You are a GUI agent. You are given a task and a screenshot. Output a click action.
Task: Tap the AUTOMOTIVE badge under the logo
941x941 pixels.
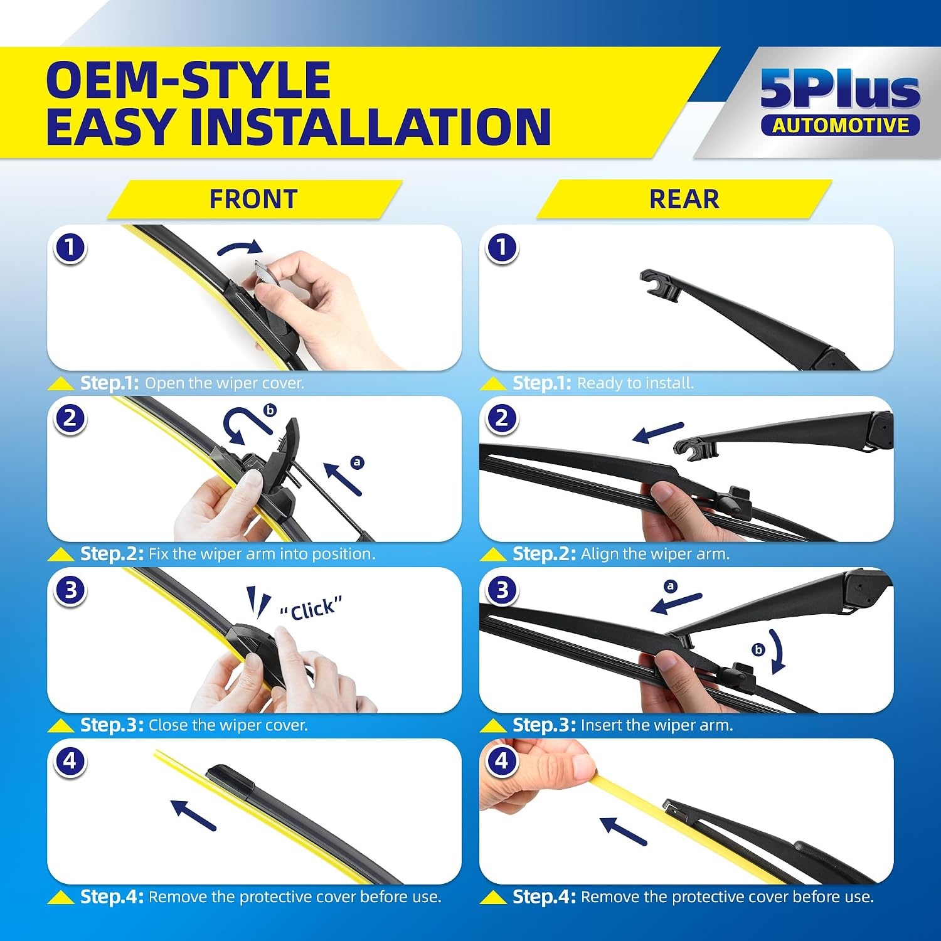tap(840, 125)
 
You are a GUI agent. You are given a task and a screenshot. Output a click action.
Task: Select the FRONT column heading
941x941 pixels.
tap(253, 199)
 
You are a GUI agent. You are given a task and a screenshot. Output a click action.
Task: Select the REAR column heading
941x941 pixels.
tap(684, 199)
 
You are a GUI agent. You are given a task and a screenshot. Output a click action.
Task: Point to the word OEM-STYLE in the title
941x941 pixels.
tap(188, 80)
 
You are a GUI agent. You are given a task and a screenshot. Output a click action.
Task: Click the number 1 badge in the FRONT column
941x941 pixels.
tap(70, 247)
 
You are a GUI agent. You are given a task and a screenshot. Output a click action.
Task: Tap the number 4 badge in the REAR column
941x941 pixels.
tap(502, 761)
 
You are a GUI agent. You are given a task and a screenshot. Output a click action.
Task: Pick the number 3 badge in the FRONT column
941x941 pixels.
tap(70, 590)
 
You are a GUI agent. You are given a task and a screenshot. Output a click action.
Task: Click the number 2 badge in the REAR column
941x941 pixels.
tap(502, 418)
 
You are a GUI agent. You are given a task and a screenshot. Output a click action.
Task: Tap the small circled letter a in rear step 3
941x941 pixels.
tap(671, 586)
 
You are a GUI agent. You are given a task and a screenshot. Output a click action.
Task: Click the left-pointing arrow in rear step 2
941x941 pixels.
tap(657, 432)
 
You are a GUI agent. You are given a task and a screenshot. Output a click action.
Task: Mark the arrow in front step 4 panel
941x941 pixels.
tap(193, 815)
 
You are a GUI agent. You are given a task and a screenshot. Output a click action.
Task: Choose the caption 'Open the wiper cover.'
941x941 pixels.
tap(225, 383)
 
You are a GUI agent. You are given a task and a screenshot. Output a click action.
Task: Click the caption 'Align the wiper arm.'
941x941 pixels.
tap(656, 555)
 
